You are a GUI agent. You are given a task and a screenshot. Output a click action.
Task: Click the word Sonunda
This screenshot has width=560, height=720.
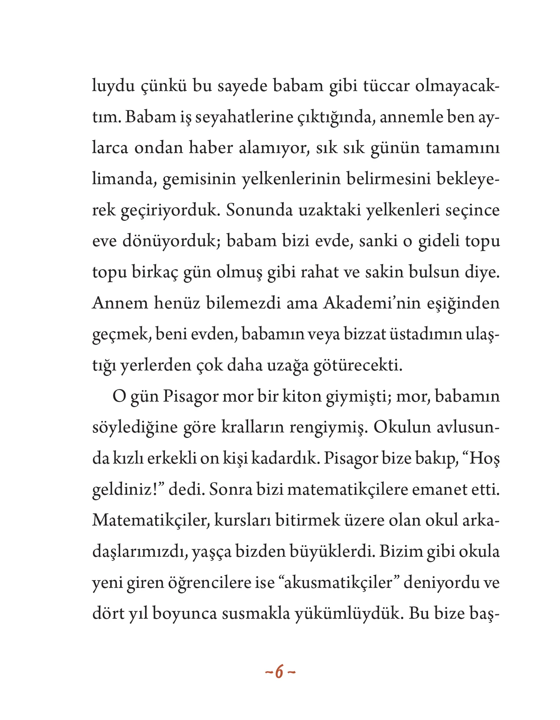(x=260, y=210)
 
